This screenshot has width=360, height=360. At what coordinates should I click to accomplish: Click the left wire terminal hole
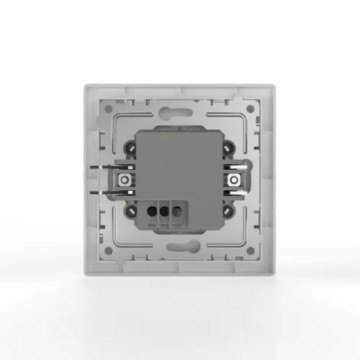coord(153,212)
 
